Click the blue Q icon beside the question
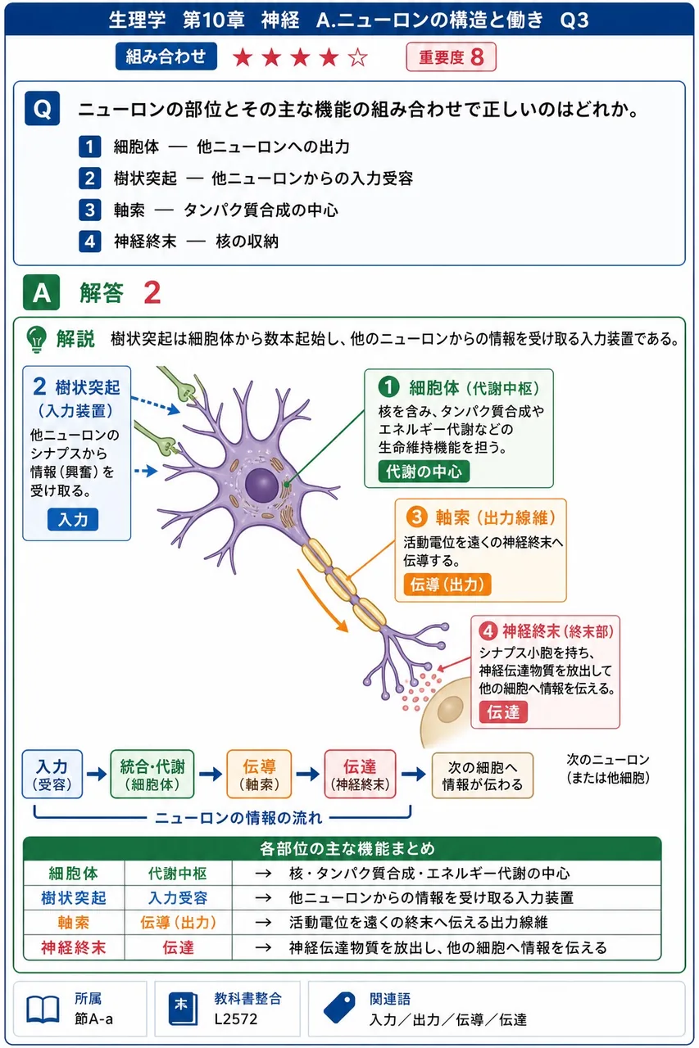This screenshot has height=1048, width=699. click(x=42, y=109)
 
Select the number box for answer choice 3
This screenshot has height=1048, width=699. click(x=90, y=210)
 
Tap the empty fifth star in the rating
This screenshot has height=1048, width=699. click(x=357, y=57)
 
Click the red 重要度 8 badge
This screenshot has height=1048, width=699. click(x=451, y=57)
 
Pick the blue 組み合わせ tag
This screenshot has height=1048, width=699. click(x=166, y=56)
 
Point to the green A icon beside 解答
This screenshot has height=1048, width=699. click(x=41, y=292)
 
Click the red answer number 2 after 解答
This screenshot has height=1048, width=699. click(x=152, y=293)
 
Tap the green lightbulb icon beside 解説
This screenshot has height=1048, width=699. click(x=37, y=339)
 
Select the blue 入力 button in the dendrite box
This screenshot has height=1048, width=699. click(x=73, y=519)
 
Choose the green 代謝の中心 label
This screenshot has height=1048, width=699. click(x=424, y=472)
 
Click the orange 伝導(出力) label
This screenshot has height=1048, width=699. click(x=447, y=585)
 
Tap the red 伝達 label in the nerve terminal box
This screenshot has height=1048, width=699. click(x=503, y=712)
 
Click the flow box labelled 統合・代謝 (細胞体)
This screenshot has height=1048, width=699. click(x=152, y=775)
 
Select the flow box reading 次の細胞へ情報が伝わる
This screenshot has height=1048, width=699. click(x=483, y=775)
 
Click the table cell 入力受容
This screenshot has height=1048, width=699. click(x=178, y=897)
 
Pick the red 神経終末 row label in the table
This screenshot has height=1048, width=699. click(x=74, y=947)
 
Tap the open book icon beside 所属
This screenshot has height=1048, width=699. click(x=43, y=1010)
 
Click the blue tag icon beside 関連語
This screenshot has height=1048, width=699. click(x=339, y=1008)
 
